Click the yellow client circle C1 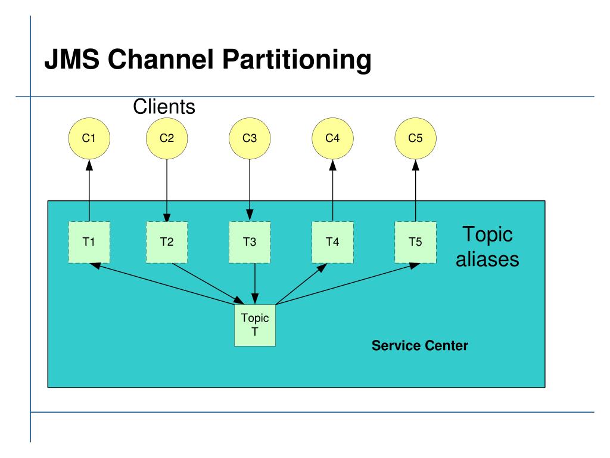tap(89, 138)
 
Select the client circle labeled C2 tap(167, 138)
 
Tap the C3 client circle tap(250, 138)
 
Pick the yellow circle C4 tap(332, 138)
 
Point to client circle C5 tap(415, 138)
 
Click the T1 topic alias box tap(89, 242)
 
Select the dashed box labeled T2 tap(167, 242)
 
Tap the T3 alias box tap(250, 242)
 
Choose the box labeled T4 tap(332, 242)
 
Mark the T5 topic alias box tap(415, 242)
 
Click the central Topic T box tap(255, 325)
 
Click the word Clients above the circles tap(164, 106)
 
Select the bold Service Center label tap(420, 345)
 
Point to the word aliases tap(487, 259)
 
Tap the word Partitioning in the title tap(297, 60)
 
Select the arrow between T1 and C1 tap(89, 190)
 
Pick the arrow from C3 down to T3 tap(250, 190)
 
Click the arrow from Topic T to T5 tap(348, 284)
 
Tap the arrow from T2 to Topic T tap(208, 284)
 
